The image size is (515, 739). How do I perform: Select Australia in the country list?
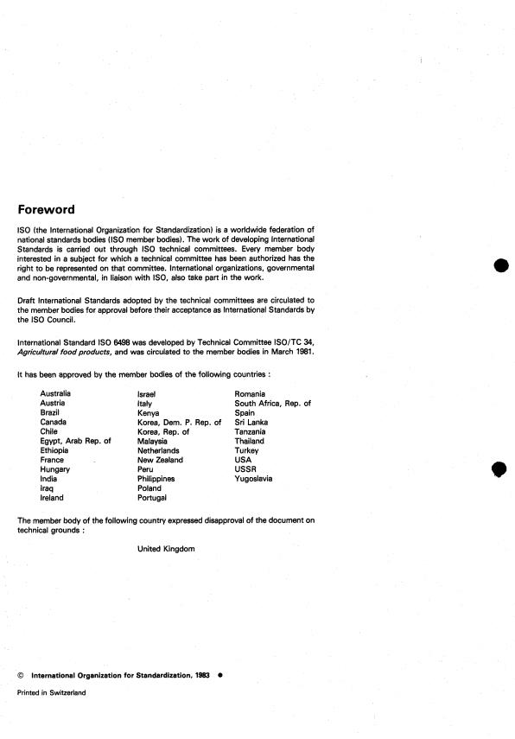click(x=56, y=393)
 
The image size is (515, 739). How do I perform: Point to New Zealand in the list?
click(x=160, y=460)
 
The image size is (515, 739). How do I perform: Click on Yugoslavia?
click(x=253, y=479)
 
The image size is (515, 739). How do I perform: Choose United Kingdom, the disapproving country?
click(x=166, y=549)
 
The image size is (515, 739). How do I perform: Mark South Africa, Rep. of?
click(x=272, y=403)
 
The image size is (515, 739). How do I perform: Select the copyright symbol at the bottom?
click(x=20, y=675)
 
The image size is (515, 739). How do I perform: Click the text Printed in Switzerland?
click(x=52, y=692)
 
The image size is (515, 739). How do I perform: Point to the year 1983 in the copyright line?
click(x=204, y=675)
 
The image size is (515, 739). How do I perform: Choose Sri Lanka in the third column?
click(x=251, y=422)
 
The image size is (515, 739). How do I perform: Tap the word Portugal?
click(x=156, y=498)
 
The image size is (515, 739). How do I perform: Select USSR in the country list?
click(x=245, y=469)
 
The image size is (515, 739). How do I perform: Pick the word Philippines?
click(x=156, y=479)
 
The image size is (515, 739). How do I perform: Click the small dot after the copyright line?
click(x=219, y=675)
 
